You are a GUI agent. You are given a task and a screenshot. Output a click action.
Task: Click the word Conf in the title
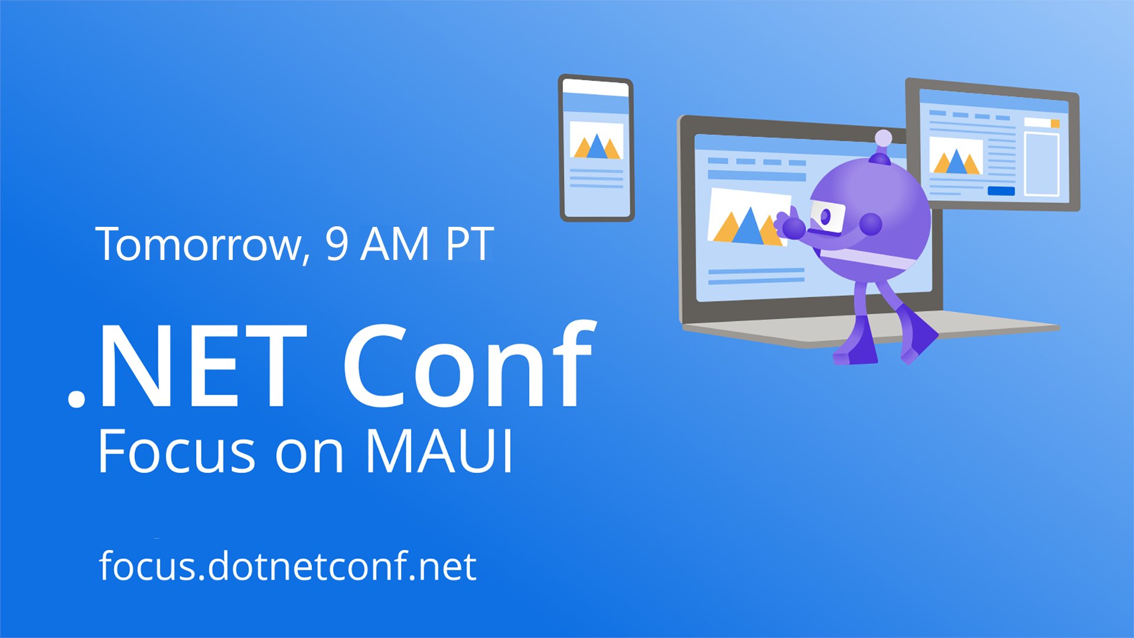[x=470, y=366]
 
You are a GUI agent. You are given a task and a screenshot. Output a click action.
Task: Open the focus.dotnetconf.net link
[x=288, y=566]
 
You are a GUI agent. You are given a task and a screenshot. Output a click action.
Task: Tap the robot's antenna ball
[x=883, y=139]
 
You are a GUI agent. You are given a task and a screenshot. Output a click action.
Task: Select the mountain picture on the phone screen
[x=597, y=141]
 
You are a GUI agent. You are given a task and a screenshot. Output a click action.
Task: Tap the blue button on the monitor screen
[x=1001, y=191]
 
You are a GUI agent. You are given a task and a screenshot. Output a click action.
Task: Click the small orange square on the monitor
[x=1055, y=123]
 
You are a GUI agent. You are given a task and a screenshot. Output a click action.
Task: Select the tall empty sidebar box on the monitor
[x=1041, y=164]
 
